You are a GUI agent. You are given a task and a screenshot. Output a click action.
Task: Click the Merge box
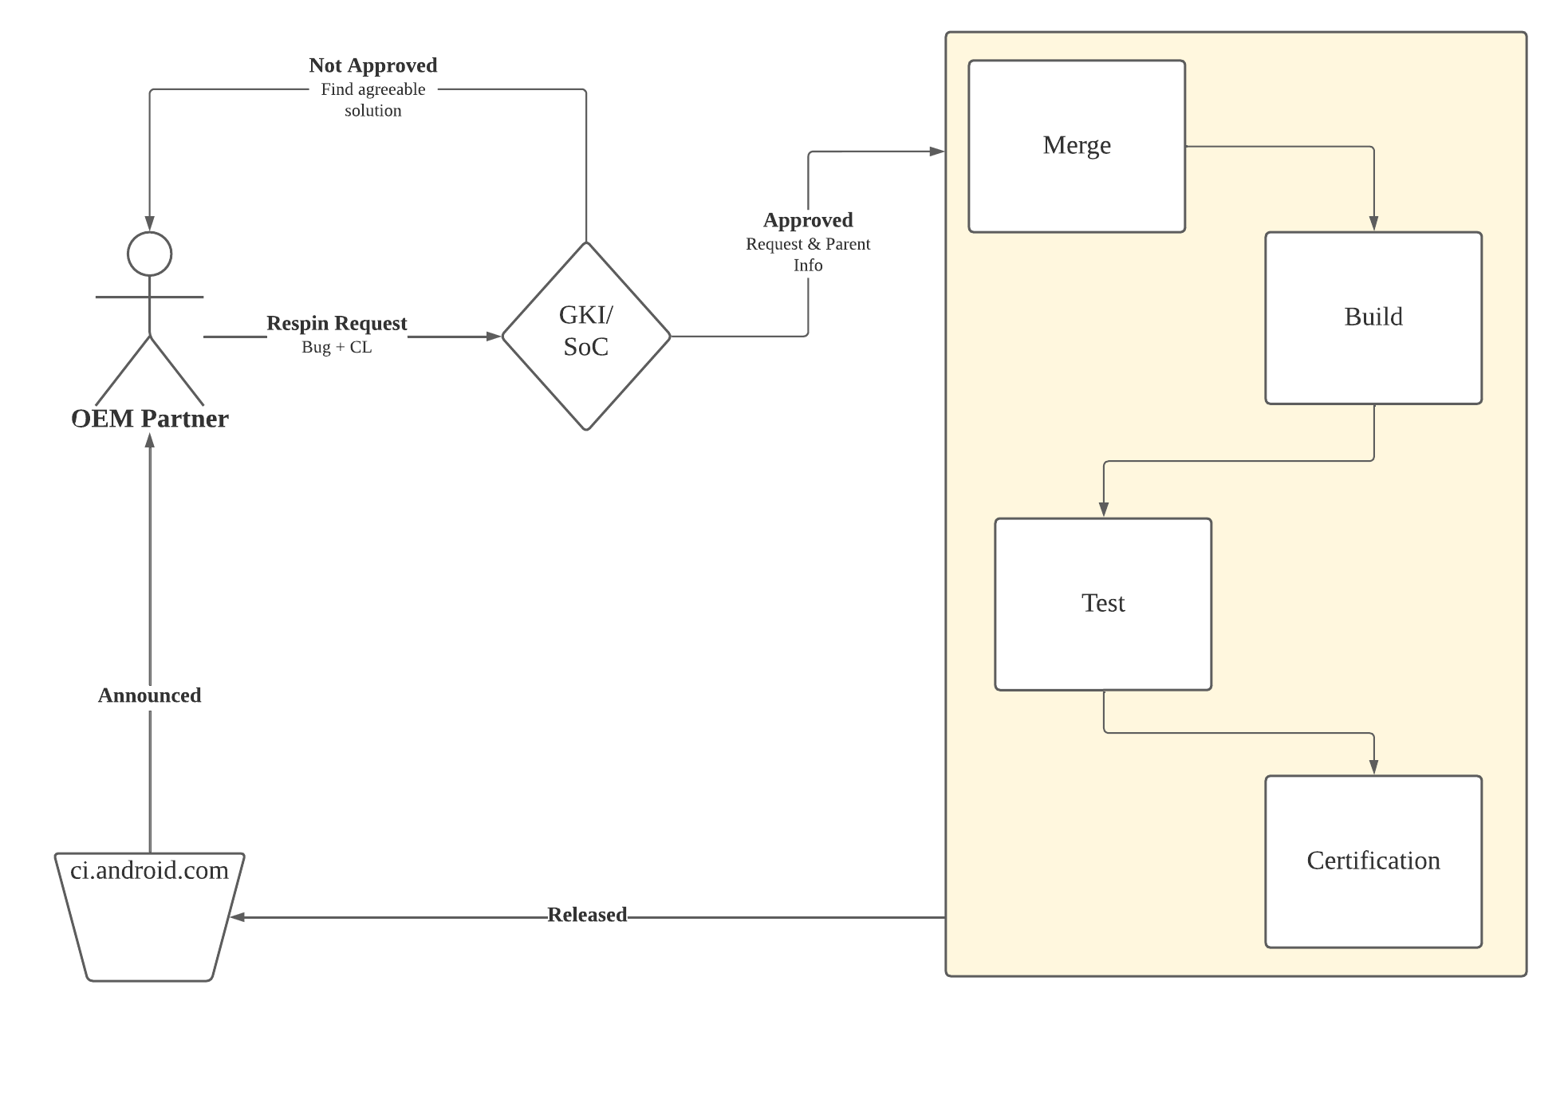point(1076,146)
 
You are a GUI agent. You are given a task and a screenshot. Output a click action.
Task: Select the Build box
point(1373,317)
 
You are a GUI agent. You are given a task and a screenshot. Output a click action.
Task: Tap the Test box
point(1102,604)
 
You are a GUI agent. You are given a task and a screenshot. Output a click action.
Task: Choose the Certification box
point(1373,861)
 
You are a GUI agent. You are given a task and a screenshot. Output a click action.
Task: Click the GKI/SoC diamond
point(585,336)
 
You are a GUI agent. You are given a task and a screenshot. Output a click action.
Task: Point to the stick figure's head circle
point(149,254)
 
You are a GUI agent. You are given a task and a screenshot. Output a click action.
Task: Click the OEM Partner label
point(149,419)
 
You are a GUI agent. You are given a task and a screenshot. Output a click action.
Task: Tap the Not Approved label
point(372,65)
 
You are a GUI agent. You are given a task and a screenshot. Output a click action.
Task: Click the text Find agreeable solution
point(372,100)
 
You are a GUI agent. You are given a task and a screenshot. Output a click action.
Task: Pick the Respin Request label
point(336,323)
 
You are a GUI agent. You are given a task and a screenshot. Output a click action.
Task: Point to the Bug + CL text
point(336,347)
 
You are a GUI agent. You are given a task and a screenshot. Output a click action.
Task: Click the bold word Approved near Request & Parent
point(807,220)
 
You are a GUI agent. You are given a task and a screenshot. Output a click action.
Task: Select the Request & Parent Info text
point(807,254)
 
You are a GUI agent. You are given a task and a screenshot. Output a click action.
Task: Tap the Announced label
point(149,695)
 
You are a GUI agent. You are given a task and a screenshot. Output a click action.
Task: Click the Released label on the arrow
point(586,915)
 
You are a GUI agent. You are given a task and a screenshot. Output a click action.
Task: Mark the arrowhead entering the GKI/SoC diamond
point(494,337)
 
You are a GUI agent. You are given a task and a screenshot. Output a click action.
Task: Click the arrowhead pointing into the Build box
point(1373,223)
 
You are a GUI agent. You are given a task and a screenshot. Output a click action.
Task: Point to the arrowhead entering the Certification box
point(1373,767)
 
